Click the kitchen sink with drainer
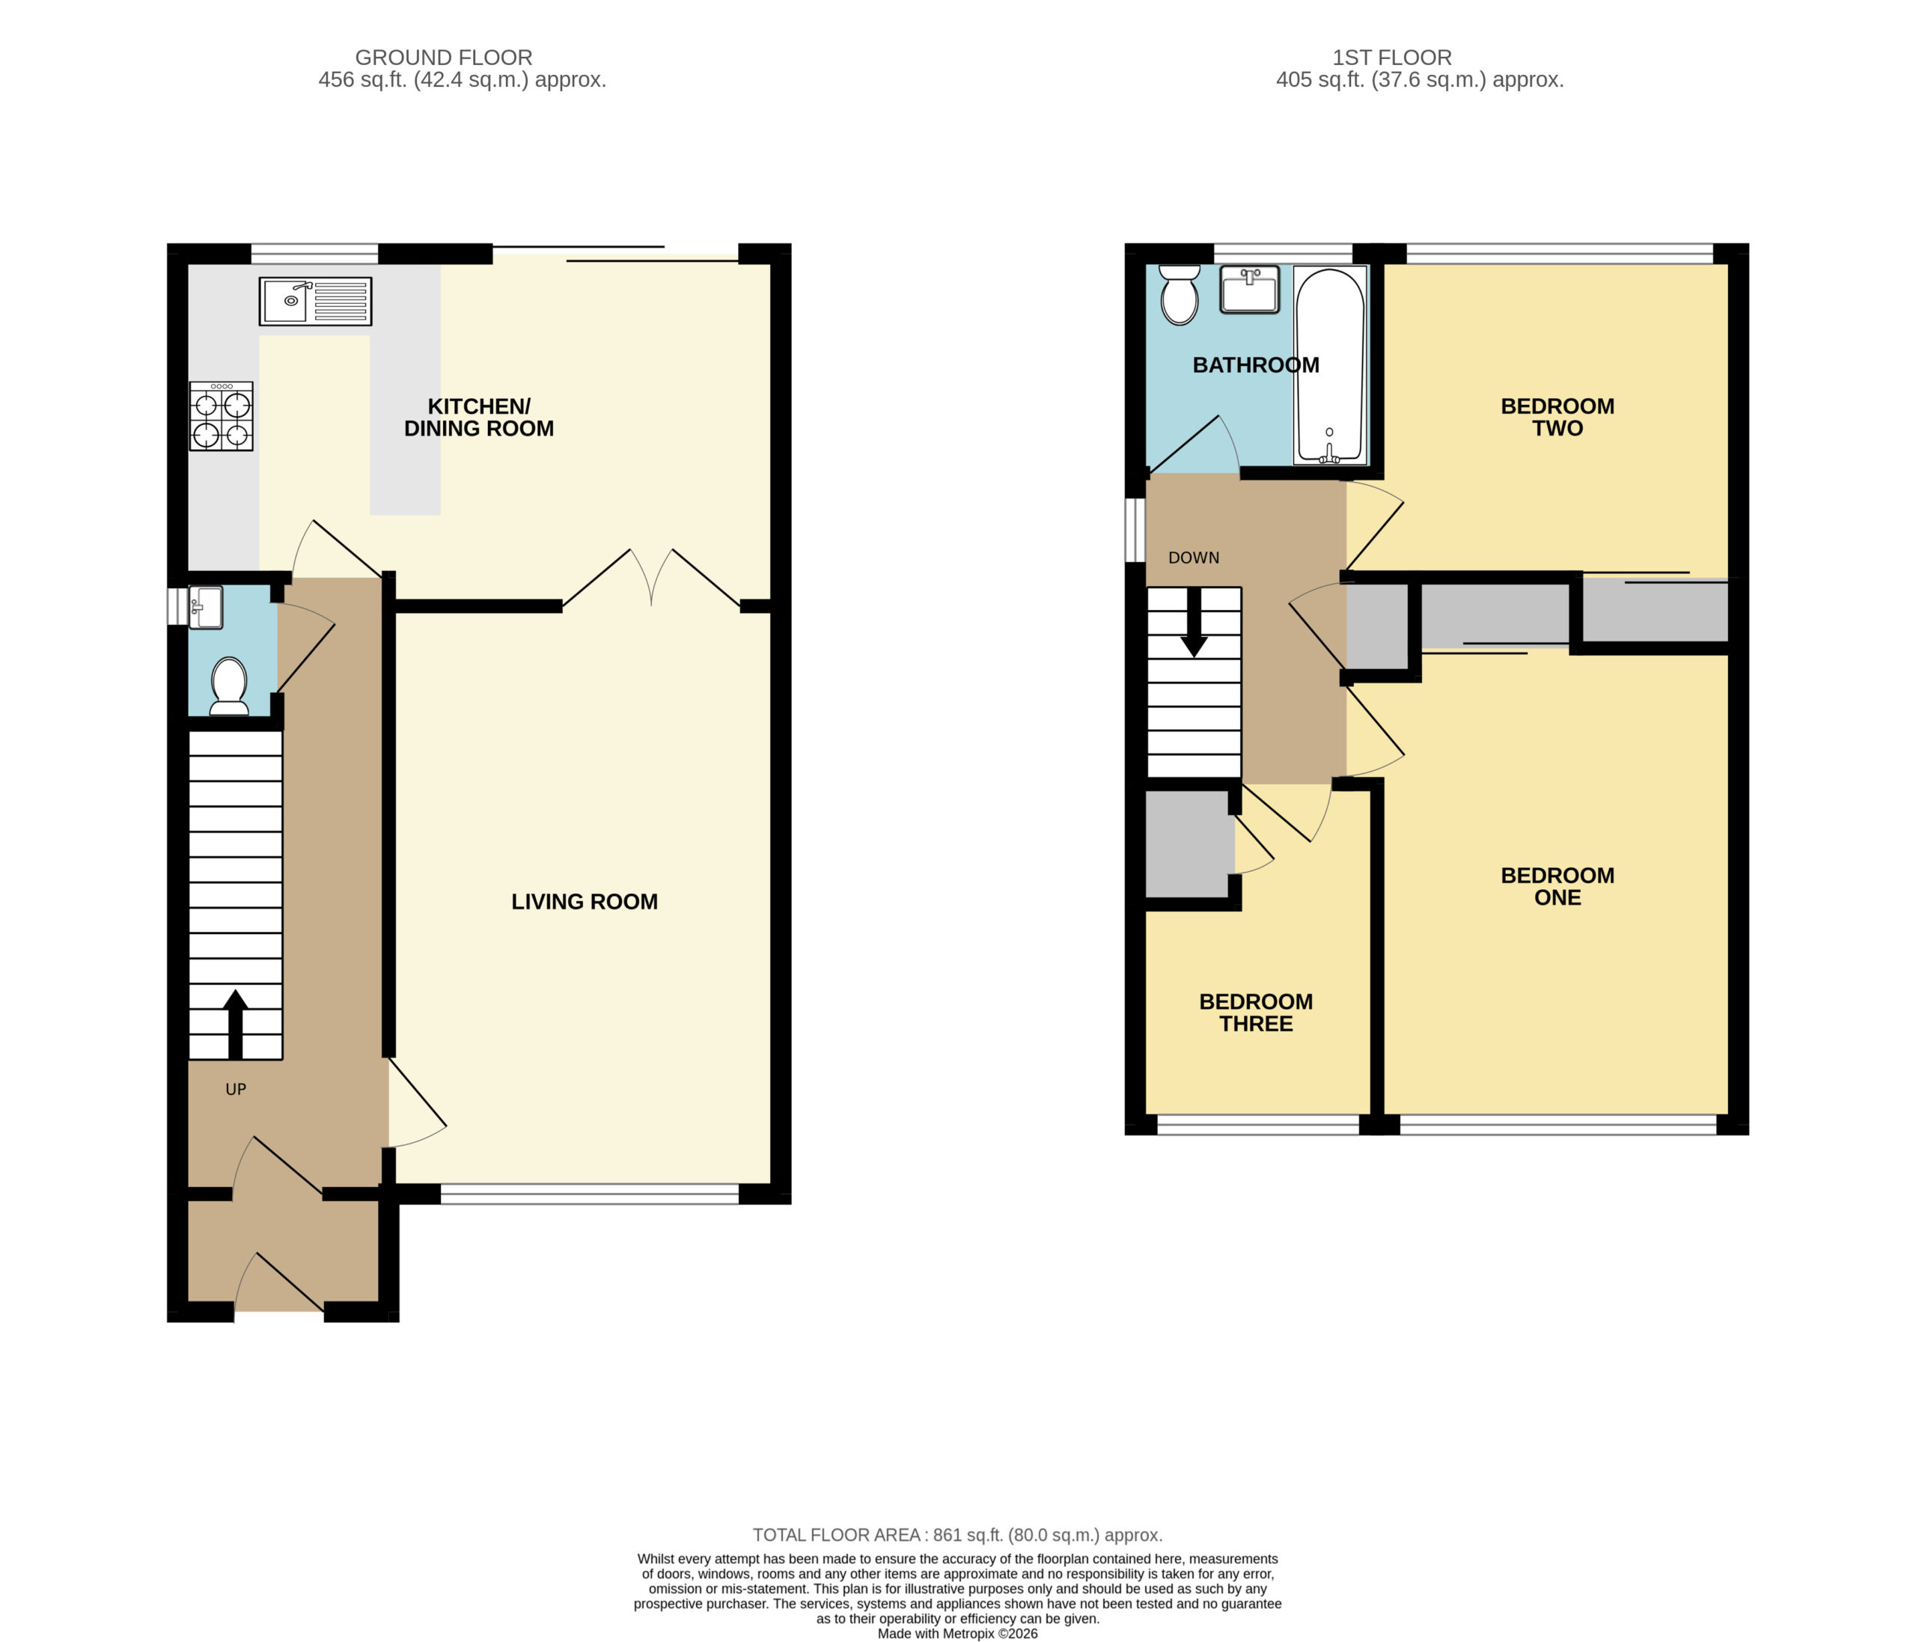(315, 302)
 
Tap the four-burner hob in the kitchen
(221, 416)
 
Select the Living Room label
(585, 901)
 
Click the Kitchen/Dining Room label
(479, 417)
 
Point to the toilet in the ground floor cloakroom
(229, 686)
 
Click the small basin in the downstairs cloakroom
(205, 608)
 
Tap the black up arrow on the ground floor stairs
(236, 1024)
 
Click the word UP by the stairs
(236, 1089)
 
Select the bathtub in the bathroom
(1330, 365)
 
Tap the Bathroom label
(1256, 365)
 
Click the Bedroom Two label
(1557, 417)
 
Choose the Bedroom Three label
(1256, 1013)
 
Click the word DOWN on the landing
(1194, 558)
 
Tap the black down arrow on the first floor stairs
(1194, 622)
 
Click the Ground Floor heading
(444, 58)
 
